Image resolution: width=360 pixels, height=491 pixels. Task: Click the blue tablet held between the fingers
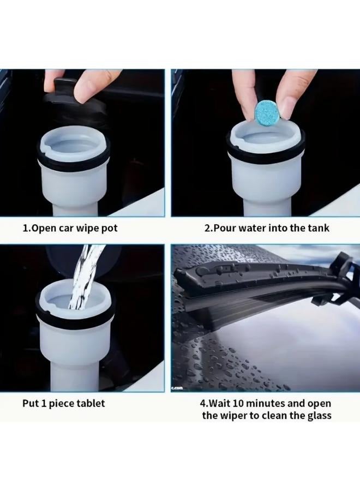coord(267,111)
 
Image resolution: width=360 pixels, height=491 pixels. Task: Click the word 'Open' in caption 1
coord(44,228)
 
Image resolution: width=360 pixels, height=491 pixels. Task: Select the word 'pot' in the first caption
coord(109,228)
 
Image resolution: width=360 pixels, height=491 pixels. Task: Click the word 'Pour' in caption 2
coord(226,228)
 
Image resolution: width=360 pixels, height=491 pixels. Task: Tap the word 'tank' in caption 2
coord(319,228)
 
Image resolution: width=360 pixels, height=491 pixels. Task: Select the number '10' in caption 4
coord(243,404)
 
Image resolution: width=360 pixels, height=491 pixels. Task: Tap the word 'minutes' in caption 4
coord(273,404)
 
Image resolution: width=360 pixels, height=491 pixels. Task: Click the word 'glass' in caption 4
coord(319,416)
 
